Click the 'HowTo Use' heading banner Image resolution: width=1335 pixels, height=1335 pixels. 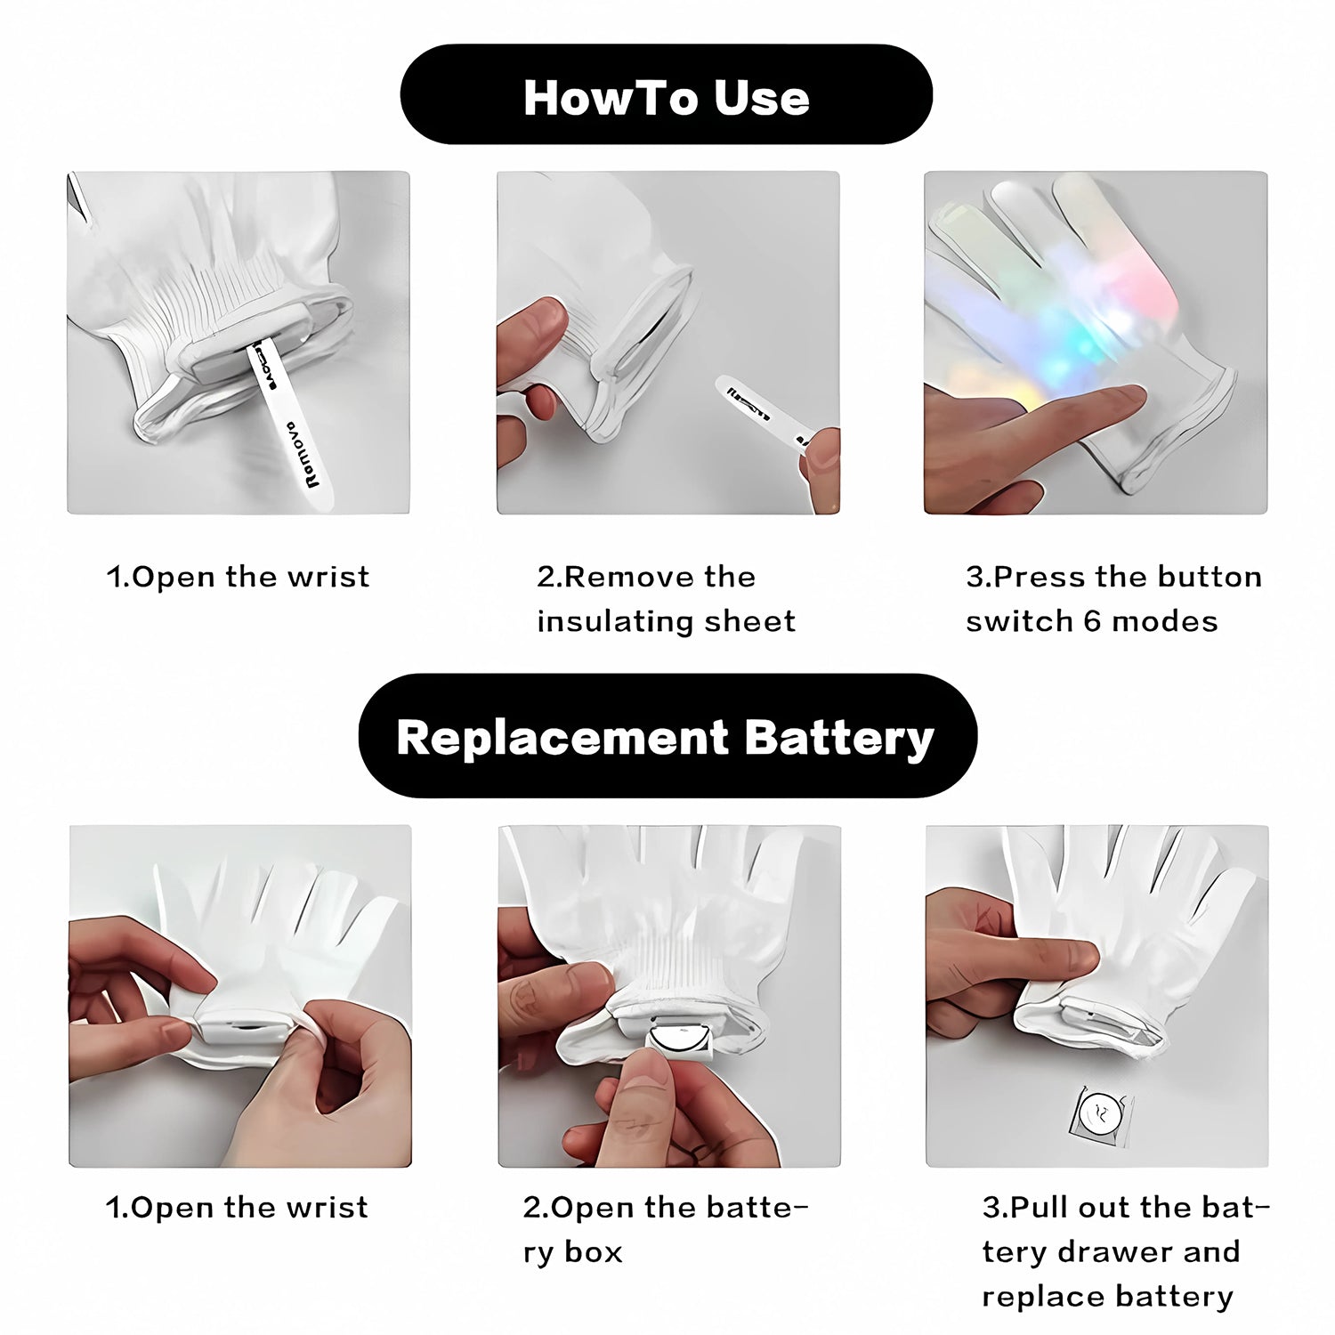tap(666, 95)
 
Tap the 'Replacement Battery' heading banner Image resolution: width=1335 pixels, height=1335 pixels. tap(667, 737)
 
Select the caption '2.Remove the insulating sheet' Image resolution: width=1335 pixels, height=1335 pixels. tap(666, 599)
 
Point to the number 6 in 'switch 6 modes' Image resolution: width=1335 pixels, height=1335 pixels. tap(1092, 621)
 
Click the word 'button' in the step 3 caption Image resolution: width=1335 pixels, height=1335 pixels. tap(1211, 577)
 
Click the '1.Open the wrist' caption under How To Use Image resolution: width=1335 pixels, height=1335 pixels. tap(238, 577)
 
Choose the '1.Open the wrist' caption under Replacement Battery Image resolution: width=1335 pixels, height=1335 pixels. tap(237, 1208)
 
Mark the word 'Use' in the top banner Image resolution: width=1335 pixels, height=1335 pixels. tap(762, 97)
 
